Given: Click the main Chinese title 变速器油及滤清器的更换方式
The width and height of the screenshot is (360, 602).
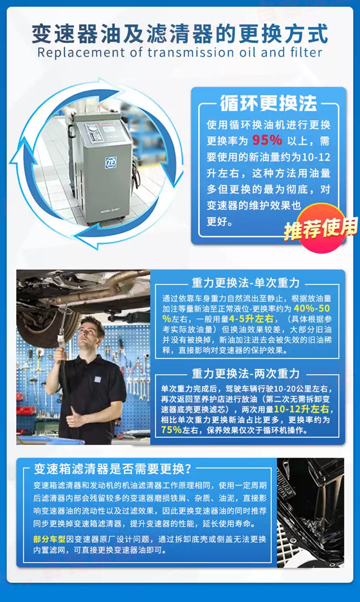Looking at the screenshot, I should [180, 33].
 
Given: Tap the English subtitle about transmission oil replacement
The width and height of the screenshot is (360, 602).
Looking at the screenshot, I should [180, 52].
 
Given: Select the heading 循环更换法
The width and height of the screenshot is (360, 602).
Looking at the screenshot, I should [268, 104].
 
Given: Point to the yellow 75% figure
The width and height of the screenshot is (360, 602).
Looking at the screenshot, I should [172, 429].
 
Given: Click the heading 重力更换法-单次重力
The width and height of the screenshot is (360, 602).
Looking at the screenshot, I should [246, 283].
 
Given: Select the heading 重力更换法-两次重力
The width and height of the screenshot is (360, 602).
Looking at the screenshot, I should [246, 374].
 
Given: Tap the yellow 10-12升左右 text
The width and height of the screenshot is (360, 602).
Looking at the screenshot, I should [304, 409].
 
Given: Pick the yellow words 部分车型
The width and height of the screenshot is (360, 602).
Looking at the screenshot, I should [49, 539].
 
